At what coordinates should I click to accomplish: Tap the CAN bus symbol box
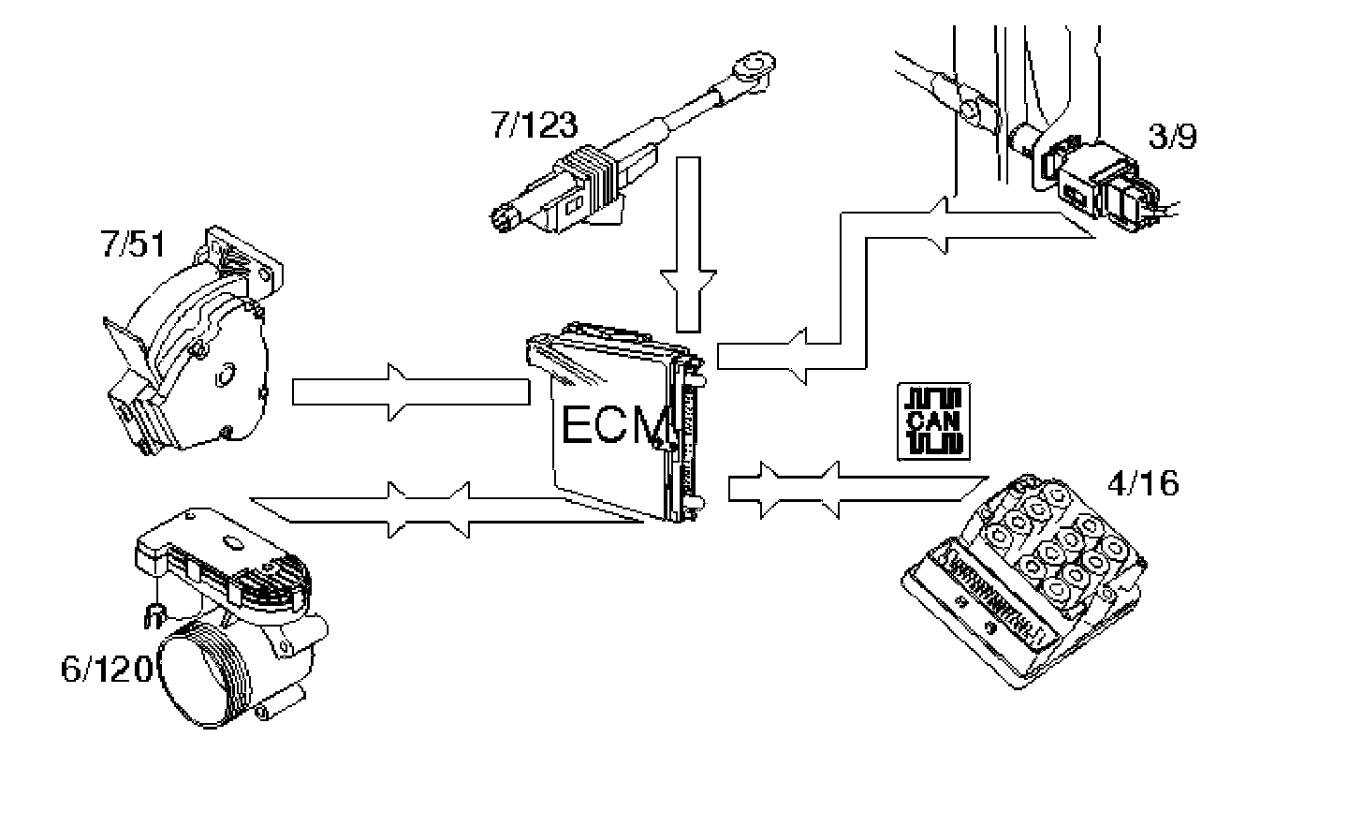click(933, 420)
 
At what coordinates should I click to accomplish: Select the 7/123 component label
click(534, 125)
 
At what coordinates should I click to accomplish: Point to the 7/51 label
click(132, 245)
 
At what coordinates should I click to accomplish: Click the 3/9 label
click(1172, 137)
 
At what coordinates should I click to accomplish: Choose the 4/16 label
click(1142, 483)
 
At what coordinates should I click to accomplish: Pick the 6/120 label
click(105, 670)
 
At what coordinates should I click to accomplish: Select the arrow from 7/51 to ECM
click(412, 391)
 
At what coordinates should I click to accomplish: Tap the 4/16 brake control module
click(1025, 581)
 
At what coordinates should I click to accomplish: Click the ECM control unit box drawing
click(618, 421)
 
